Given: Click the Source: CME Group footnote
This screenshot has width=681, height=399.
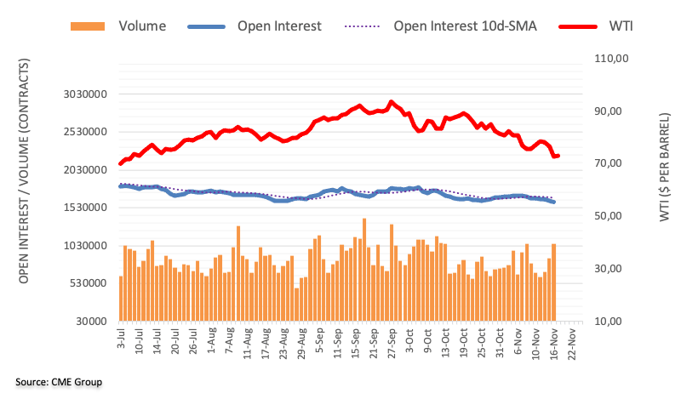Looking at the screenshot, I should point(59,382).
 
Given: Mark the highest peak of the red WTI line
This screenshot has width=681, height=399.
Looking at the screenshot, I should point(391,102).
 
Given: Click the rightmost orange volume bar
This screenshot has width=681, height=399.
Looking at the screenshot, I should point(554,282).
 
